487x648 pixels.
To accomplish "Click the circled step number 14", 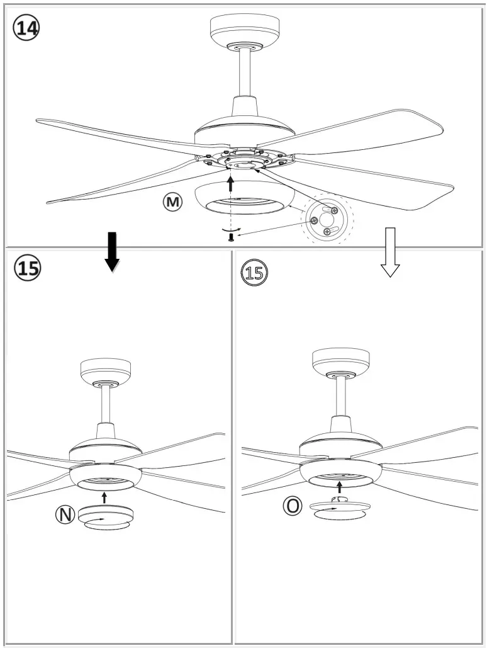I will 26,29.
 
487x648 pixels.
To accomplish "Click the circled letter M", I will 172,202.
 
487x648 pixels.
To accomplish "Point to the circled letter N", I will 65,514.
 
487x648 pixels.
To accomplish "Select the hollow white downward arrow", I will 391,253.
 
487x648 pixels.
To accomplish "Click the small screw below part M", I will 232,237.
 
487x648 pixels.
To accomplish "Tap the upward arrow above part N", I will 104,497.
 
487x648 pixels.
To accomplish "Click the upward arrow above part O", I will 340,486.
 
